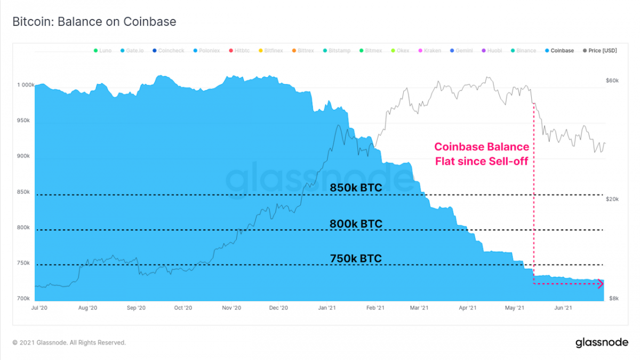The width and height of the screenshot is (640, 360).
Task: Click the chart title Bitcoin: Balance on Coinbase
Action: click(94, 22)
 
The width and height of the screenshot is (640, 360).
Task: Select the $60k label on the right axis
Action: click(612, 81)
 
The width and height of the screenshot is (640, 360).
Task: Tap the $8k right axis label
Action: click(613, 298)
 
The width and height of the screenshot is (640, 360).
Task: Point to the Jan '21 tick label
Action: click(326, 308)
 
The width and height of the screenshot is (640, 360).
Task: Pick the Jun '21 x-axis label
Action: click(563, 308)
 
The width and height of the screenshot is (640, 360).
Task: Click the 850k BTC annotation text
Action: click(356, 188)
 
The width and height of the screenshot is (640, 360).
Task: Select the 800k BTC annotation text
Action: click(356, 224)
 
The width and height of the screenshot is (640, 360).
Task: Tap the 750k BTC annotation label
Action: click(356, 259)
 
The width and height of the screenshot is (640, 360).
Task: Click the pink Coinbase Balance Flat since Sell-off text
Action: click(481, 154)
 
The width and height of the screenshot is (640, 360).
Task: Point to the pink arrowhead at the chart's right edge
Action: click(601, 284)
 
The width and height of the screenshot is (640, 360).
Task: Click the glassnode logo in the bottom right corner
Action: click(602, 342)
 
